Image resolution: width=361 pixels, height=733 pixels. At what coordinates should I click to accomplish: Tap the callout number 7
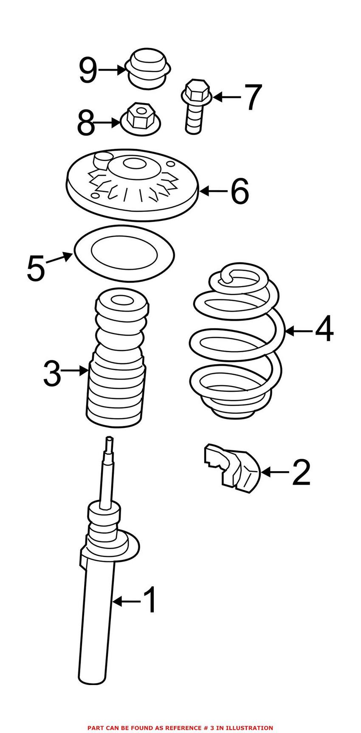pos(253,97)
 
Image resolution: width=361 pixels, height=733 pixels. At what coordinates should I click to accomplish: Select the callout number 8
pos(86,123)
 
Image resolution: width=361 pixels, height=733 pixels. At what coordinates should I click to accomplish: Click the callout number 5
pos(36,268)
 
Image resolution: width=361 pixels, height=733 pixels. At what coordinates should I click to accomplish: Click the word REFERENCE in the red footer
pos(187,728)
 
